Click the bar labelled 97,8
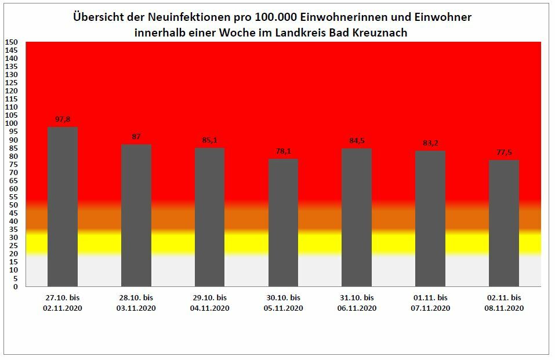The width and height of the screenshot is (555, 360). [63, 206]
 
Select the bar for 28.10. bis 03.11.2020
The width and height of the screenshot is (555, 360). [136, 215]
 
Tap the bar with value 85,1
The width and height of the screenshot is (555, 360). [209, 217]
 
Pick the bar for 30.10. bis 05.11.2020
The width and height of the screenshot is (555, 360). [283, 223]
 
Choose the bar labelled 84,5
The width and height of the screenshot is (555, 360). [357, 217]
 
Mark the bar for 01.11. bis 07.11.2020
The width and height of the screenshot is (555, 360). [430, 219]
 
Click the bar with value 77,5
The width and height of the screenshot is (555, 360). [504, 223]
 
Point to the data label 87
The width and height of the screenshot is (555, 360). [136, 137]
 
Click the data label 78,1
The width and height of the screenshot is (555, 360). [283, 151]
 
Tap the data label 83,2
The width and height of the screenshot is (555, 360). [430, 143]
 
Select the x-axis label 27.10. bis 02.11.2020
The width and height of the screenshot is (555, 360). [63, 303]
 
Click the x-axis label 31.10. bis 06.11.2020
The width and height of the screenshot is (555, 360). [357, 303]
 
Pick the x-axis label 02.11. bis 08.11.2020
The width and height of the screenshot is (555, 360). [504, 303]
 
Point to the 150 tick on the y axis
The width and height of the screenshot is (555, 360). [12, 42]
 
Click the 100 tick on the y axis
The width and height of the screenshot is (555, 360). [12, 123]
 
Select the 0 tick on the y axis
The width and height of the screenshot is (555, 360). [16, 286]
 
